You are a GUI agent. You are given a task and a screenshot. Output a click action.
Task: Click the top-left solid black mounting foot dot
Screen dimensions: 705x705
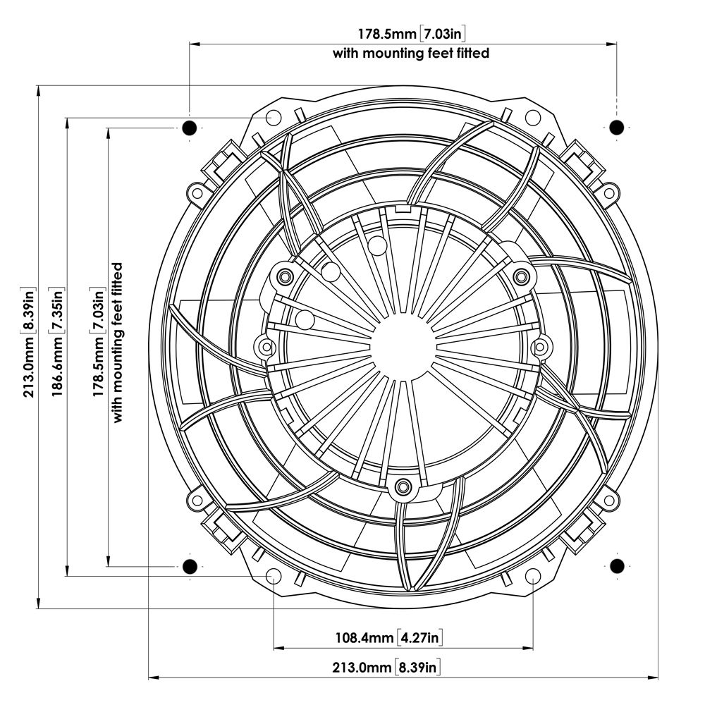[x=189, y=128]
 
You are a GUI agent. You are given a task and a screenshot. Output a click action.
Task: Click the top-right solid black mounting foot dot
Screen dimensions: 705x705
[x=616, y=128]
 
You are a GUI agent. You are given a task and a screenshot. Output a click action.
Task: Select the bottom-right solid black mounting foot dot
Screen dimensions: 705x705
[x=616, y=565]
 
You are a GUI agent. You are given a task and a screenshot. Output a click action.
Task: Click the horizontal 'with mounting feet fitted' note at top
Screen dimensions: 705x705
[x=411, y=53]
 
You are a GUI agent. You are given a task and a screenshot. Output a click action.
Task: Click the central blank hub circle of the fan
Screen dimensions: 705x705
[x=403, y=345]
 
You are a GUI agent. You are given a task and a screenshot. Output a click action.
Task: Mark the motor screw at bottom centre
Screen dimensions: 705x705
[x=403, y=485]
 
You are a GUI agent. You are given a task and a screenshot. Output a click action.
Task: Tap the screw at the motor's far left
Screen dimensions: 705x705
[x=266, y=346]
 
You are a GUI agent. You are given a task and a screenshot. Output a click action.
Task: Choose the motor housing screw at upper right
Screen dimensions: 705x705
[x=521, y=274]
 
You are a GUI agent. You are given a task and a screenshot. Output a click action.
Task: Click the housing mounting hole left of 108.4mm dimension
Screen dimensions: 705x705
[x=272, y=577]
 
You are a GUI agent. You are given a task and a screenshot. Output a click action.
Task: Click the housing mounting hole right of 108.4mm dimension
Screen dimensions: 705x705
[x=533, y=577]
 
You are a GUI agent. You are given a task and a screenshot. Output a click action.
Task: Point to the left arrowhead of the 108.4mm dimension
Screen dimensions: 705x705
[x=277, y=647]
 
